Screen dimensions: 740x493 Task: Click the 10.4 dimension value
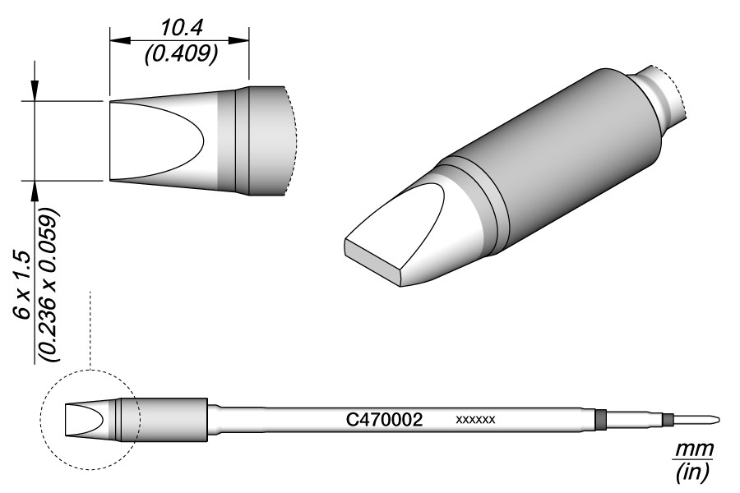pyautogui.click(x=181, y=29)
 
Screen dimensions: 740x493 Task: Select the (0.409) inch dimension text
pyautogui.click(x=181, y=54)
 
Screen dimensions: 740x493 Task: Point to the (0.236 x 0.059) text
pyautogui.click(x=49, y=284)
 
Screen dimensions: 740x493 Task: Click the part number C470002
pyautogui.click(x=384, y=419)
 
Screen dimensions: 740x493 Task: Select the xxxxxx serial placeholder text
pyautogui.click(x=476, y=419)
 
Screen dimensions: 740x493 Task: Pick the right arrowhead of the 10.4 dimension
pyautogui.click(x=238, y=40)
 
